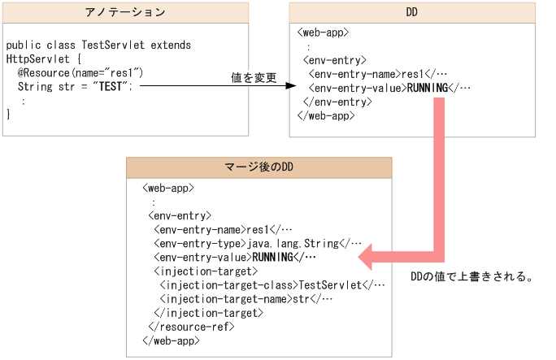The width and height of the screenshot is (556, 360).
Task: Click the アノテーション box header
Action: coord(125,13)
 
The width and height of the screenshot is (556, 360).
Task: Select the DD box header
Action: coord(411,13)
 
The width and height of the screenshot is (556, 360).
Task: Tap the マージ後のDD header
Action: coord(258,167)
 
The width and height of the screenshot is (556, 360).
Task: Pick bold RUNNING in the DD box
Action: coord(427,88)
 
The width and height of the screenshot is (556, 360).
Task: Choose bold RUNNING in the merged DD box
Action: coord(272,257)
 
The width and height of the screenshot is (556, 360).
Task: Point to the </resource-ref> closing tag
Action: coord(192,327)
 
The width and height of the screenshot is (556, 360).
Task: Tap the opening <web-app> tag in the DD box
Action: coord(324,33)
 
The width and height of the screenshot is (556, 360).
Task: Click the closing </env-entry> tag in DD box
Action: coord(337,102)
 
